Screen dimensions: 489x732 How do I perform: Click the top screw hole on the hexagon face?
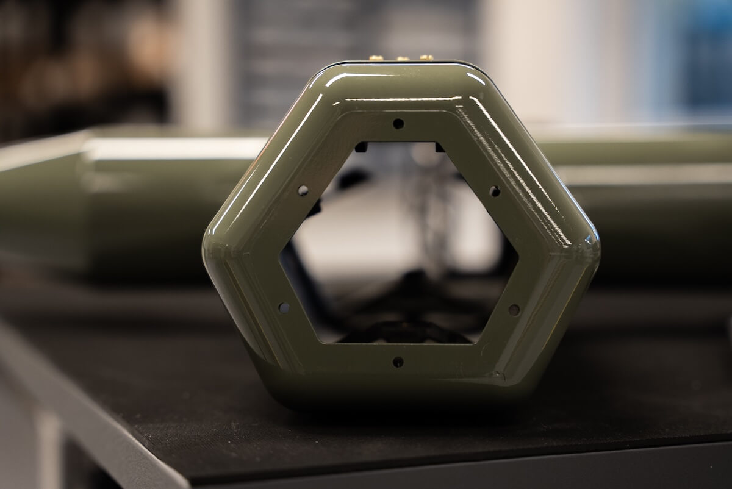[x=398, y=123]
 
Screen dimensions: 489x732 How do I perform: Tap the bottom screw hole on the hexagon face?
[x=398, y=362]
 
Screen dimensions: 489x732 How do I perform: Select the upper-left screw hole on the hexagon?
[x=303, y=190]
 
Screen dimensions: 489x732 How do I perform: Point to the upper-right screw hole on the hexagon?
[x=495, y=191]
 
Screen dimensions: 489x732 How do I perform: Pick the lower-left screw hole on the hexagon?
[x=284, y=307]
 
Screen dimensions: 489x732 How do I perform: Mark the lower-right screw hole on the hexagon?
[x=514, y=310]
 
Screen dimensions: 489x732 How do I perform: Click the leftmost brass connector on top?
[x=376, y=59]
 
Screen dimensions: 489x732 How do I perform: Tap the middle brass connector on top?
[x=402, y=59]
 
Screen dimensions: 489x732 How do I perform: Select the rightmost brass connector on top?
[x=426, y=58]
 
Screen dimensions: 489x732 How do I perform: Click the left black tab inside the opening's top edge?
[x=361, y=147]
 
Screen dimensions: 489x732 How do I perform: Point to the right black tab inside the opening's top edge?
[x=439, y=147]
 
